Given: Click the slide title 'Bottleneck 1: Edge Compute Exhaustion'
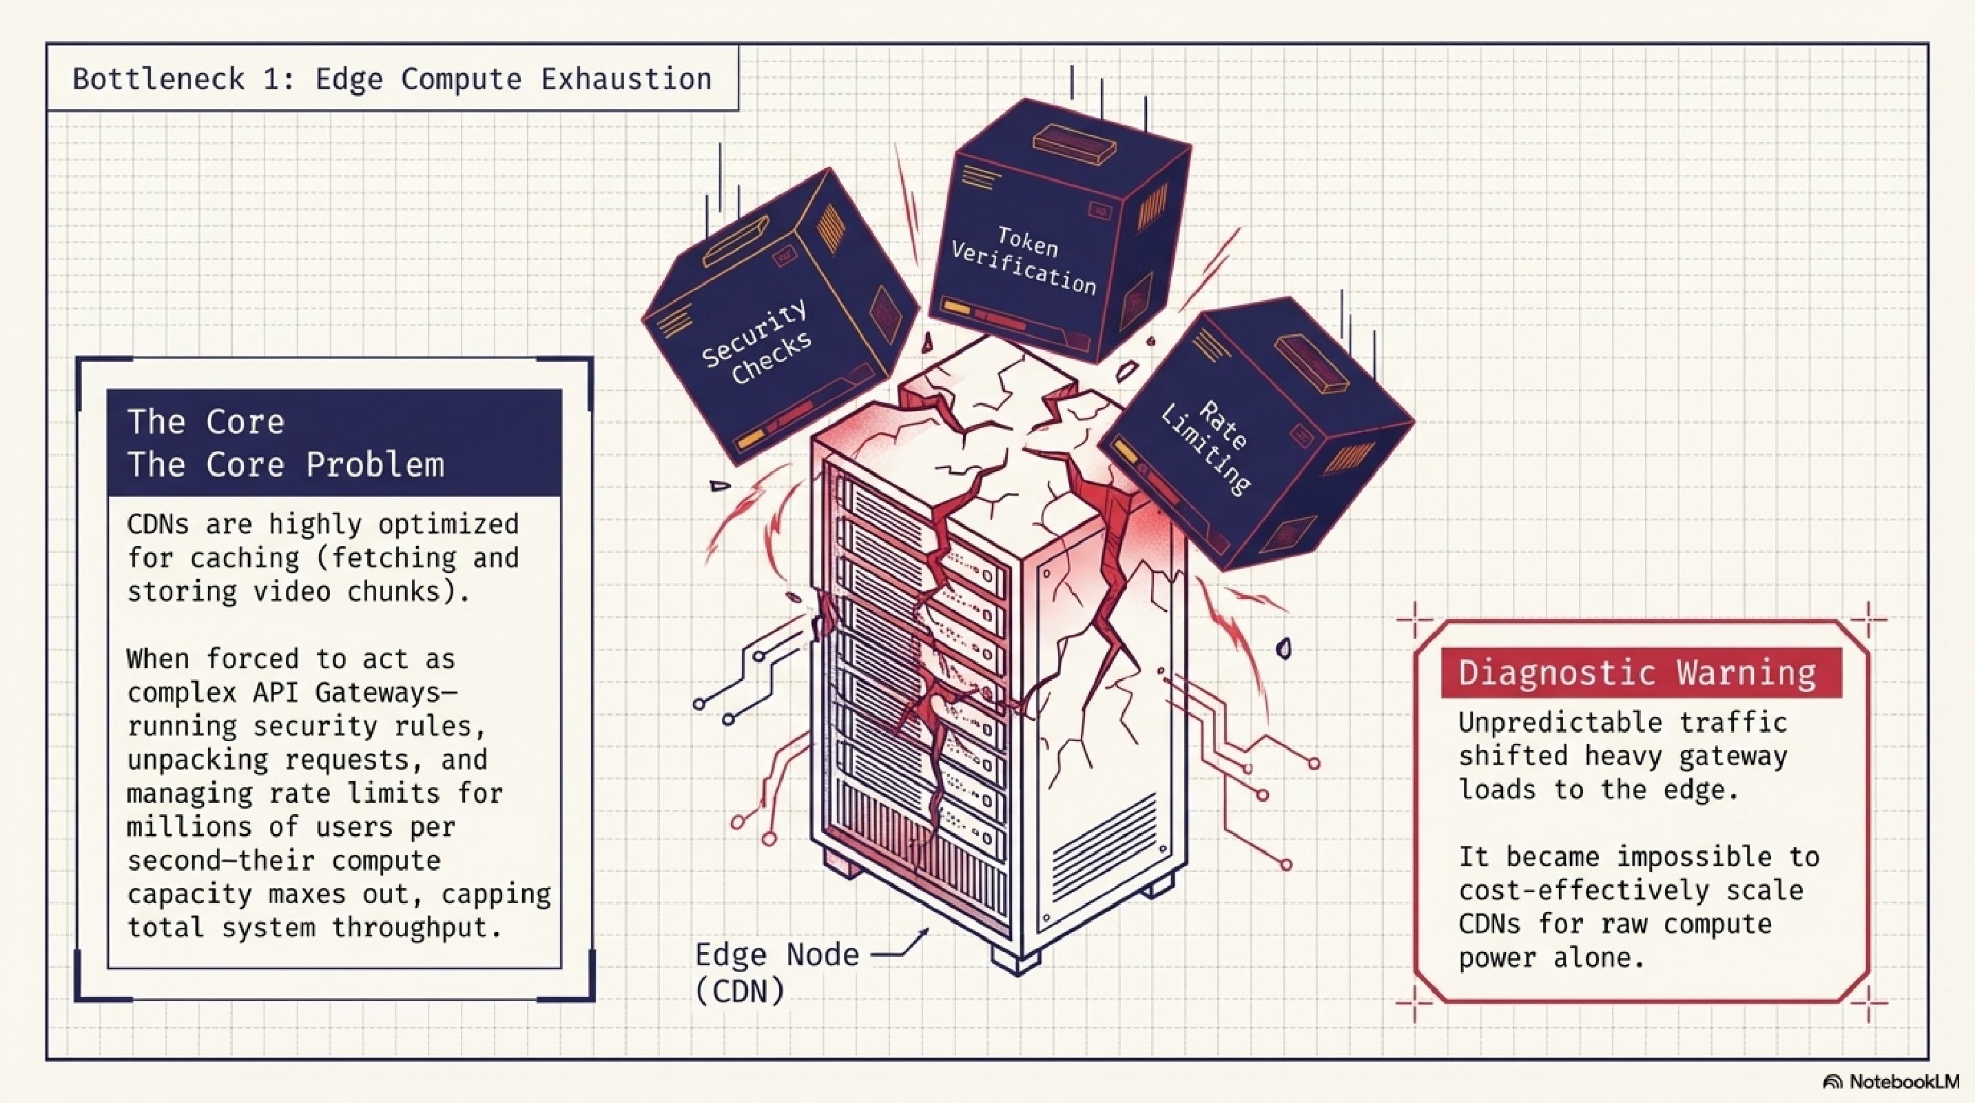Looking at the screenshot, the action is [392, 79].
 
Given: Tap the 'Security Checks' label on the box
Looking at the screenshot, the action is [756, 342].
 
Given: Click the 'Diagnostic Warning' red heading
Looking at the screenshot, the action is [1637, 673].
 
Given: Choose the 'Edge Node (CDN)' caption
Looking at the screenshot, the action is [776, 972].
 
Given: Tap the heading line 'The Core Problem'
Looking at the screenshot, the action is [285, 465].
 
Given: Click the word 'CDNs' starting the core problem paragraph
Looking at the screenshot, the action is [157, 525].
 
